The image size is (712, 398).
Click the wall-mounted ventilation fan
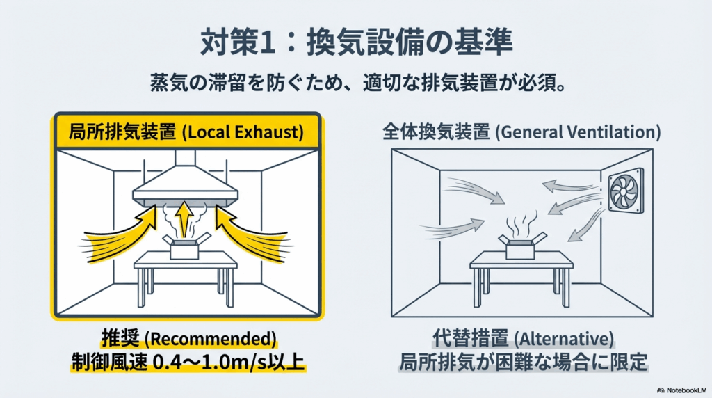pyautogui.click(x=626, y=191)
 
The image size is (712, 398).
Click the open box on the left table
pyautogui.click(x=185, y=246)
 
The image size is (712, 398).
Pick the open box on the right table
pyautogui.click(x=521, y=246)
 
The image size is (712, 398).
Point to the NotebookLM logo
pyautogui.click(x=682, y=390)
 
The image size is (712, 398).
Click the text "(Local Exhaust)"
pyautogui.click(x=243, y=132)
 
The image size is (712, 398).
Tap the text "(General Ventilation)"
pyautogui.click(x=578, y=132)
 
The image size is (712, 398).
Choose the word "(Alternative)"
pyautogui.click(x=563, y=339)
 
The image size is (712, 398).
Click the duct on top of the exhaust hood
pyautogui.click(x=185, y=159)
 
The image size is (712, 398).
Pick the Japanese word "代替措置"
pyautogui.click(x=471, y=339)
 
